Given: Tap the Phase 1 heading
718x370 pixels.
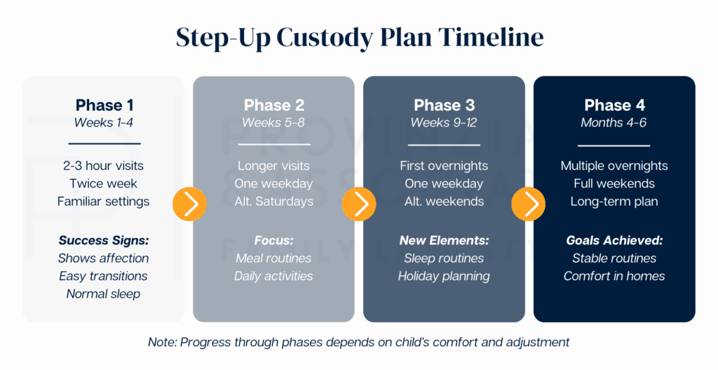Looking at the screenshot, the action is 104,105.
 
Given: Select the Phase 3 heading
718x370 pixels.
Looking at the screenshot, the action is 444,105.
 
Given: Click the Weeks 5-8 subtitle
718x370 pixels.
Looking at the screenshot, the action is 273,122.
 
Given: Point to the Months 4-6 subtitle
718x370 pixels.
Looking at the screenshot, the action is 614,122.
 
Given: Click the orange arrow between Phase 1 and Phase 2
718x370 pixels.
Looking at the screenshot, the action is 189,204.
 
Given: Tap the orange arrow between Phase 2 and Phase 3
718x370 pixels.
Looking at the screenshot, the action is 358,204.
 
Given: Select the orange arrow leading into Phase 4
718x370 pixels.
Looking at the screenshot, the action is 529,204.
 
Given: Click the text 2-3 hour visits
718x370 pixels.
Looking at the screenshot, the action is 104,166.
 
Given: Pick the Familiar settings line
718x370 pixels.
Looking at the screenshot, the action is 104,201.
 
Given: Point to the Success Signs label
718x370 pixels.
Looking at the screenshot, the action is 104,241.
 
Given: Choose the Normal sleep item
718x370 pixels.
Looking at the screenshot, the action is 104,294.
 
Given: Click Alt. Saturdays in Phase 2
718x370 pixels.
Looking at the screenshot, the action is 274,201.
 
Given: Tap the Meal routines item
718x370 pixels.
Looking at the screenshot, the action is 273,258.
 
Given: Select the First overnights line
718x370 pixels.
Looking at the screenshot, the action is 444,166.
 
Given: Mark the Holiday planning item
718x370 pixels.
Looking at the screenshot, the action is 444,277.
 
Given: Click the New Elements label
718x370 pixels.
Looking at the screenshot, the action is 444,240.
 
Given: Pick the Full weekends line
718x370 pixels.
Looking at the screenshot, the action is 614,183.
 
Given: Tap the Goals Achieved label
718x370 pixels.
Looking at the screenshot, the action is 614,240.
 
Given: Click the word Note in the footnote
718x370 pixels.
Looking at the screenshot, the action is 162,342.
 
